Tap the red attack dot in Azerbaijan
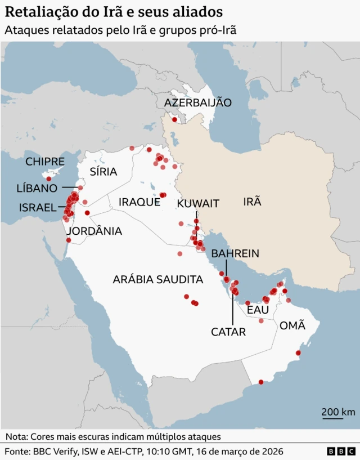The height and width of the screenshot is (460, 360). coord(174,119)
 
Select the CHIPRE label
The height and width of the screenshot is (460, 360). coord(45,162)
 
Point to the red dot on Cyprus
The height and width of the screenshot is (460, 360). coord(49,179)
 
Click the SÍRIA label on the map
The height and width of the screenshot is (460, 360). coord(103,172)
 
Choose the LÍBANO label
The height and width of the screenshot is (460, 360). coord(37,188)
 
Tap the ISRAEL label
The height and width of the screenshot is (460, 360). coord(38,207)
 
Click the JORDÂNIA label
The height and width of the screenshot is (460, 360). coord(94,231)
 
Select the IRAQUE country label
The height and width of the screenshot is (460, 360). coord(139,202)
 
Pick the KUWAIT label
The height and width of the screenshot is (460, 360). coord(197,203)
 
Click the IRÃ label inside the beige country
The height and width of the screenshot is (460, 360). coord(252,201)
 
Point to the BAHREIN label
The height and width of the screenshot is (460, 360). coord(235,253)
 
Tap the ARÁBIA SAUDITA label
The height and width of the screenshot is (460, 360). coord(157,279)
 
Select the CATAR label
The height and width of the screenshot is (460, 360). coord(228,332)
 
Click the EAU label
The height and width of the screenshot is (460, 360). coord(258,310)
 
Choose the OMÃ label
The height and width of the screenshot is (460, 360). coord(292,325)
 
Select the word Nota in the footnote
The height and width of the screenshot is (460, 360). coord(16,436)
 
